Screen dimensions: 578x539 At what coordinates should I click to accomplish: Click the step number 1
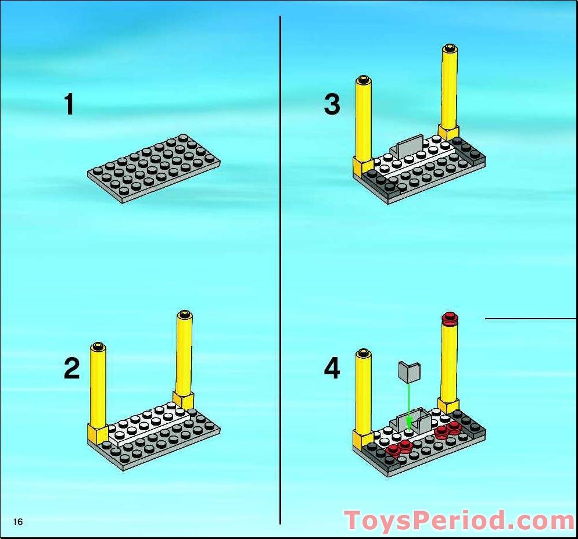tap(69, 105)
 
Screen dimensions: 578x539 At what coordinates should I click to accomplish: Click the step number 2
tap(71, 369)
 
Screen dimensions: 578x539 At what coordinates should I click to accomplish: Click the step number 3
tap(332, 105)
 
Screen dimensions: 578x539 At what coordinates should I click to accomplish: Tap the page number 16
tap(17, 522)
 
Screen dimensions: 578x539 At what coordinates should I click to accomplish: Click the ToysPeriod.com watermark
tap(460, 521)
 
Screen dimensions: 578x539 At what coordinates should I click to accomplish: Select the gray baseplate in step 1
tap(154, 169)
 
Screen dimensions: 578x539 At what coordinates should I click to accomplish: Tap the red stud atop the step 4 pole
tap(450, 318)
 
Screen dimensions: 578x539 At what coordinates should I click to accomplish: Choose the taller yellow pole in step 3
tap(450, 92)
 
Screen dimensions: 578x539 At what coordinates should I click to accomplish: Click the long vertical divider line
tap(280, 270)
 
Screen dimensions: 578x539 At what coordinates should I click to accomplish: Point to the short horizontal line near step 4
tap(530, 319)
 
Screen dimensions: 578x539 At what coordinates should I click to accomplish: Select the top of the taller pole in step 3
tap(450, 48)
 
